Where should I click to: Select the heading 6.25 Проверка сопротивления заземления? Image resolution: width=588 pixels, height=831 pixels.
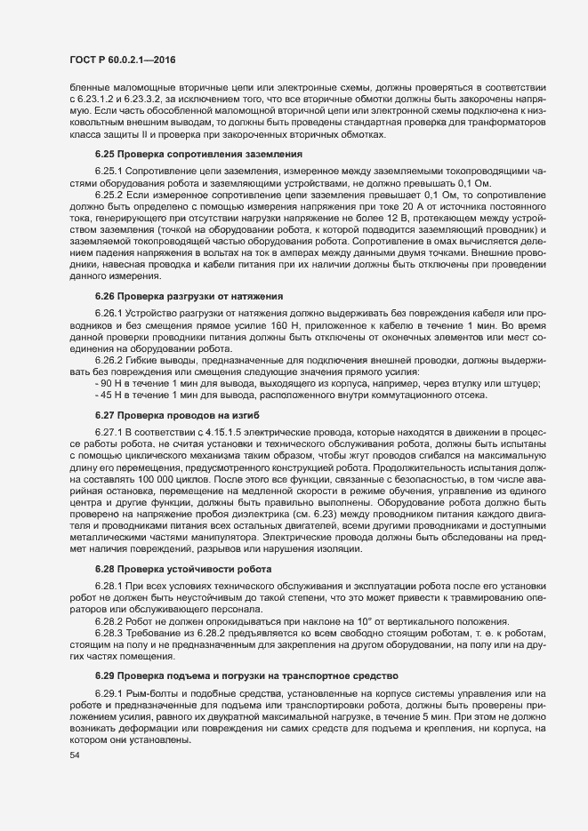click(x=174, y=154)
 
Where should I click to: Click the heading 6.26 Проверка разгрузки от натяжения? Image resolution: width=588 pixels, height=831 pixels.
click(x=177, y=269)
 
